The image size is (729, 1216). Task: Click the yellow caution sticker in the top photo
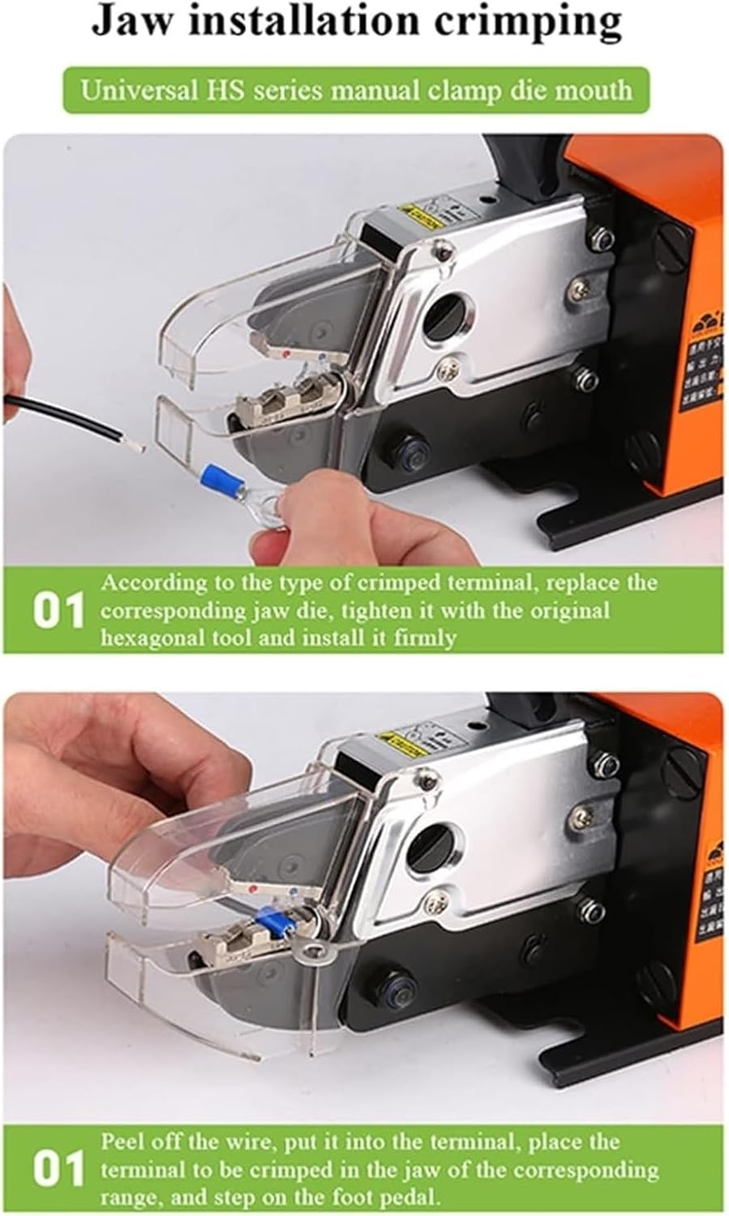pos(421,218)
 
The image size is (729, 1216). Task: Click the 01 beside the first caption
pos(58,611)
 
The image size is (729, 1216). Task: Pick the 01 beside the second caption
pos(58,1170)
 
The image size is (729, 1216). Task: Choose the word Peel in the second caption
pos(122,1142)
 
